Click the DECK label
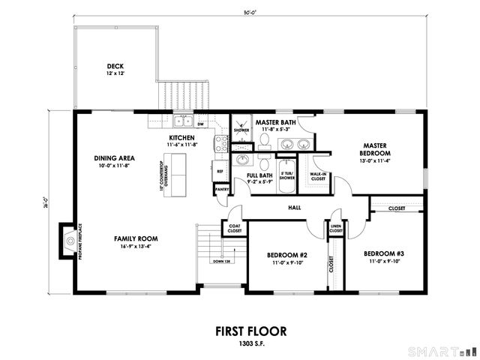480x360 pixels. point(115,65)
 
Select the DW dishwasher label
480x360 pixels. point(201,124)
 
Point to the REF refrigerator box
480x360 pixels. point(220,171)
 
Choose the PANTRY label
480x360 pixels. point(221,190)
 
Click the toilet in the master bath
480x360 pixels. point(265,140)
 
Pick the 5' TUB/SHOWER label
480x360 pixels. point(287,177)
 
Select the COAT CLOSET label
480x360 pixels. point(234,229)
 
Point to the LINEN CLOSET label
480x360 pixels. point(335,229)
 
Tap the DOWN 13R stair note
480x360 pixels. point(220,261)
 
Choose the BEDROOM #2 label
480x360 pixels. point(288,254)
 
